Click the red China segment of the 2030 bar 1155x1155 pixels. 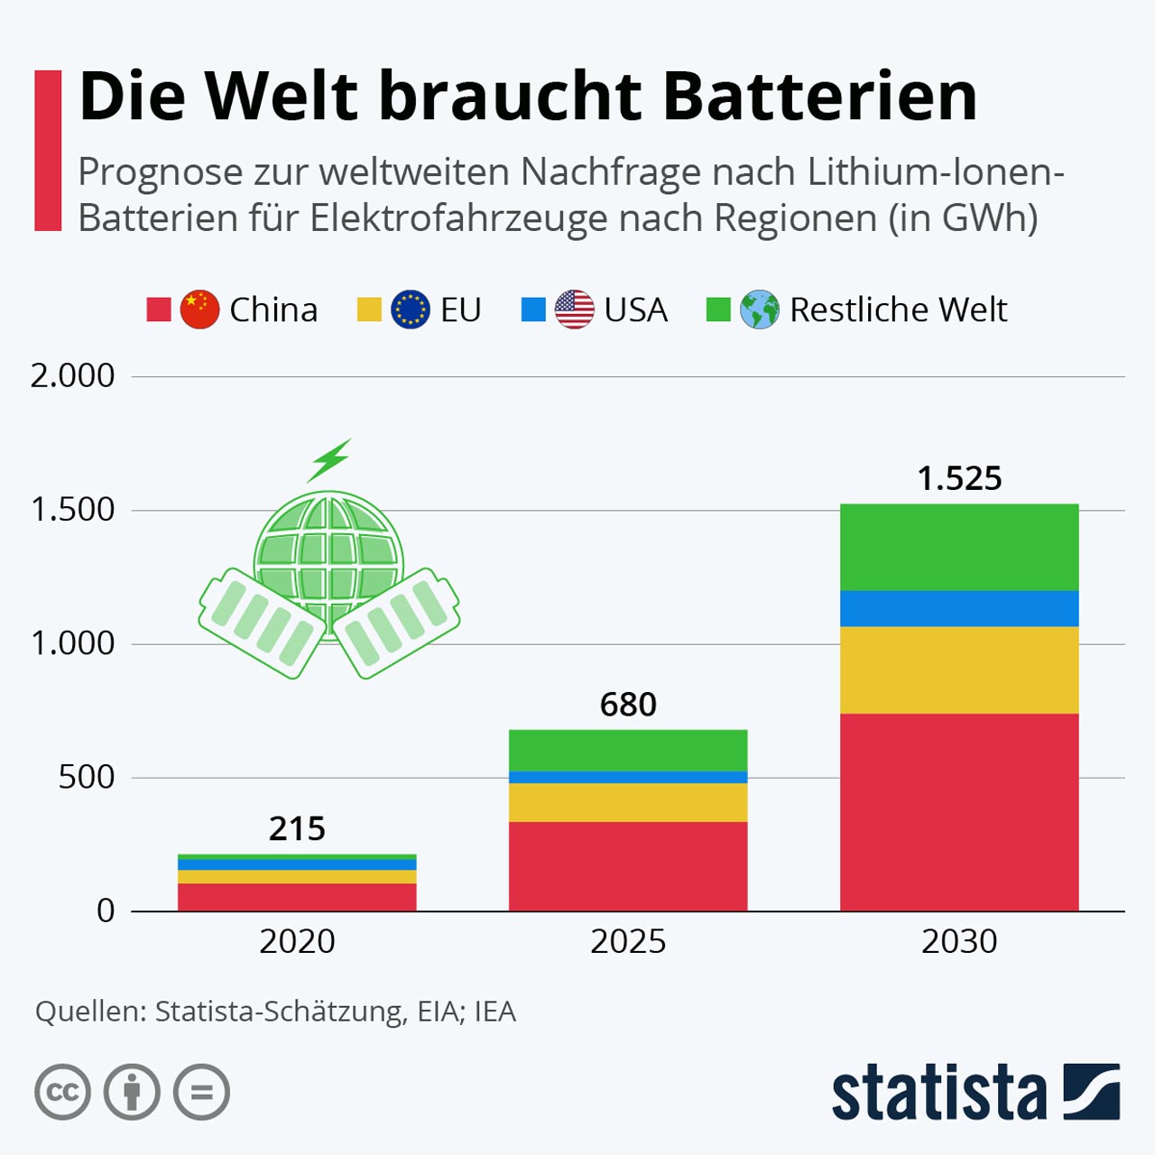pyautogui.click(x=959, y=812)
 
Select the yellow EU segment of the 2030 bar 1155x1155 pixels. pyautogui.click(x=959, y=670)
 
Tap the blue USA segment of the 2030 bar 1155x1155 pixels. pyautogui.click(x=959, y=608)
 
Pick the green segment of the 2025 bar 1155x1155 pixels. pyautogui.click(x=628, y=750)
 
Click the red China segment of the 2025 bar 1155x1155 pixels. pyautogui.click(x=628, y=866)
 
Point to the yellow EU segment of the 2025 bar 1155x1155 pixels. pyautogui.click(x=628, y=802)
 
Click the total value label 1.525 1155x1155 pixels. pyautogui.click(x=959, y=478)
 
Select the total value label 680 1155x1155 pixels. pyautogui.click(x=628, y=704)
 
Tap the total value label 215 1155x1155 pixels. pyautogui.click(x=297, y=828)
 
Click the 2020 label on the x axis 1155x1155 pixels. pyautogui.click(x=297, y=941)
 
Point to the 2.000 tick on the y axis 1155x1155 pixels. pyautogui.click(x=73, y=375)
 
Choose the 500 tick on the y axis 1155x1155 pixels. pyautogui.click(x=87, y=777)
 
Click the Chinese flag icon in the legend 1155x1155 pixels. pyautogui.click(x=199, y=310)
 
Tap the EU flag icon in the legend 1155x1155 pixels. pyautogui.click(x=411, y=310)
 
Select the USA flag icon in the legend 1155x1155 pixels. pyautogui.click(x=574, y=310)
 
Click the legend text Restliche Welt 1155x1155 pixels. pyautogui.click(x=898, y=310)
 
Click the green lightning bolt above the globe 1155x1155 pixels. pyautogui.click(x=329, y=460)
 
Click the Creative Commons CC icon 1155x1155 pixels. pyautogui.click(x=62, y=1092)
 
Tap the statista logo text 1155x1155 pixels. pyautogui.click(x=938, y=1093)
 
